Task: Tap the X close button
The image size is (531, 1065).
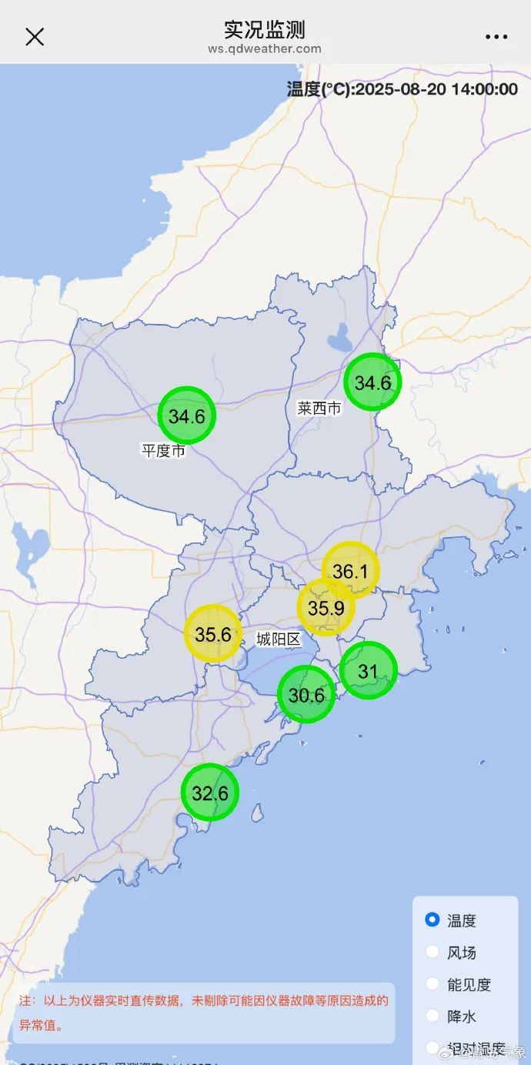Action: click(35, 36)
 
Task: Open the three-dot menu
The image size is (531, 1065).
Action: click(496, 36)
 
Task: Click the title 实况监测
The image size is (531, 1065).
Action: click(265, 29)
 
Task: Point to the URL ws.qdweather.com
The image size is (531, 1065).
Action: click(265, 48)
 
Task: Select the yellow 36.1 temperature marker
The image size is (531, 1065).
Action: click(351, 570)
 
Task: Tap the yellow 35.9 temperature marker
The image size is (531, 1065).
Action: click(326, 608)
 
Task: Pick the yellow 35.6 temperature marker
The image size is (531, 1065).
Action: click(213, 634)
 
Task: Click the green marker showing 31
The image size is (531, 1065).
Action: click(368, 671)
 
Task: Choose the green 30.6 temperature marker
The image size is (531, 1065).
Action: click(306, 695)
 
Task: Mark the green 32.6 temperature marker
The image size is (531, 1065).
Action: click(210, 792)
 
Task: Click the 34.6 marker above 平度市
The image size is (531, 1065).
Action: click(186, 416)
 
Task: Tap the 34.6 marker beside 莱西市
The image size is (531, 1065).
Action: click(372, 382)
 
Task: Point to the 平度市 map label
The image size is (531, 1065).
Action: click(163, 451)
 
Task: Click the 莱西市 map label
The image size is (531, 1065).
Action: click(319, 409)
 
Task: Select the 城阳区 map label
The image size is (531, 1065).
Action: click(279, 639)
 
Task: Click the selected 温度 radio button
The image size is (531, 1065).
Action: click(432, 920)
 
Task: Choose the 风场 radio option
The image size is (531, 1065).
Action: click(432, 953)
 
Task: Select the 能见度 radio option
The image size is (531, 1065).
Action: click(432, 984)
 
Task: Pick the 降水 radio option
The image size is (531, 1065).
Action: click(432, 1017)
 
